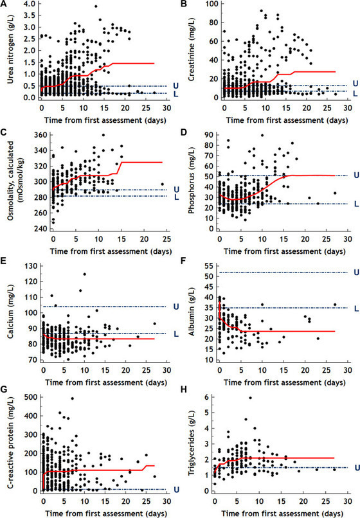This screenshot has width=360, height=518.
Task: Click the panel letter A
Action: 4,5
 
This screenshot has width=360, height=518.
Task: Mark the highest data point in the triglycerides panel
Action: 250,398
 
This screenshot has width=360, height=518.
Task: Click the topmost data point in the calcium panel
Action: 84,274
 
